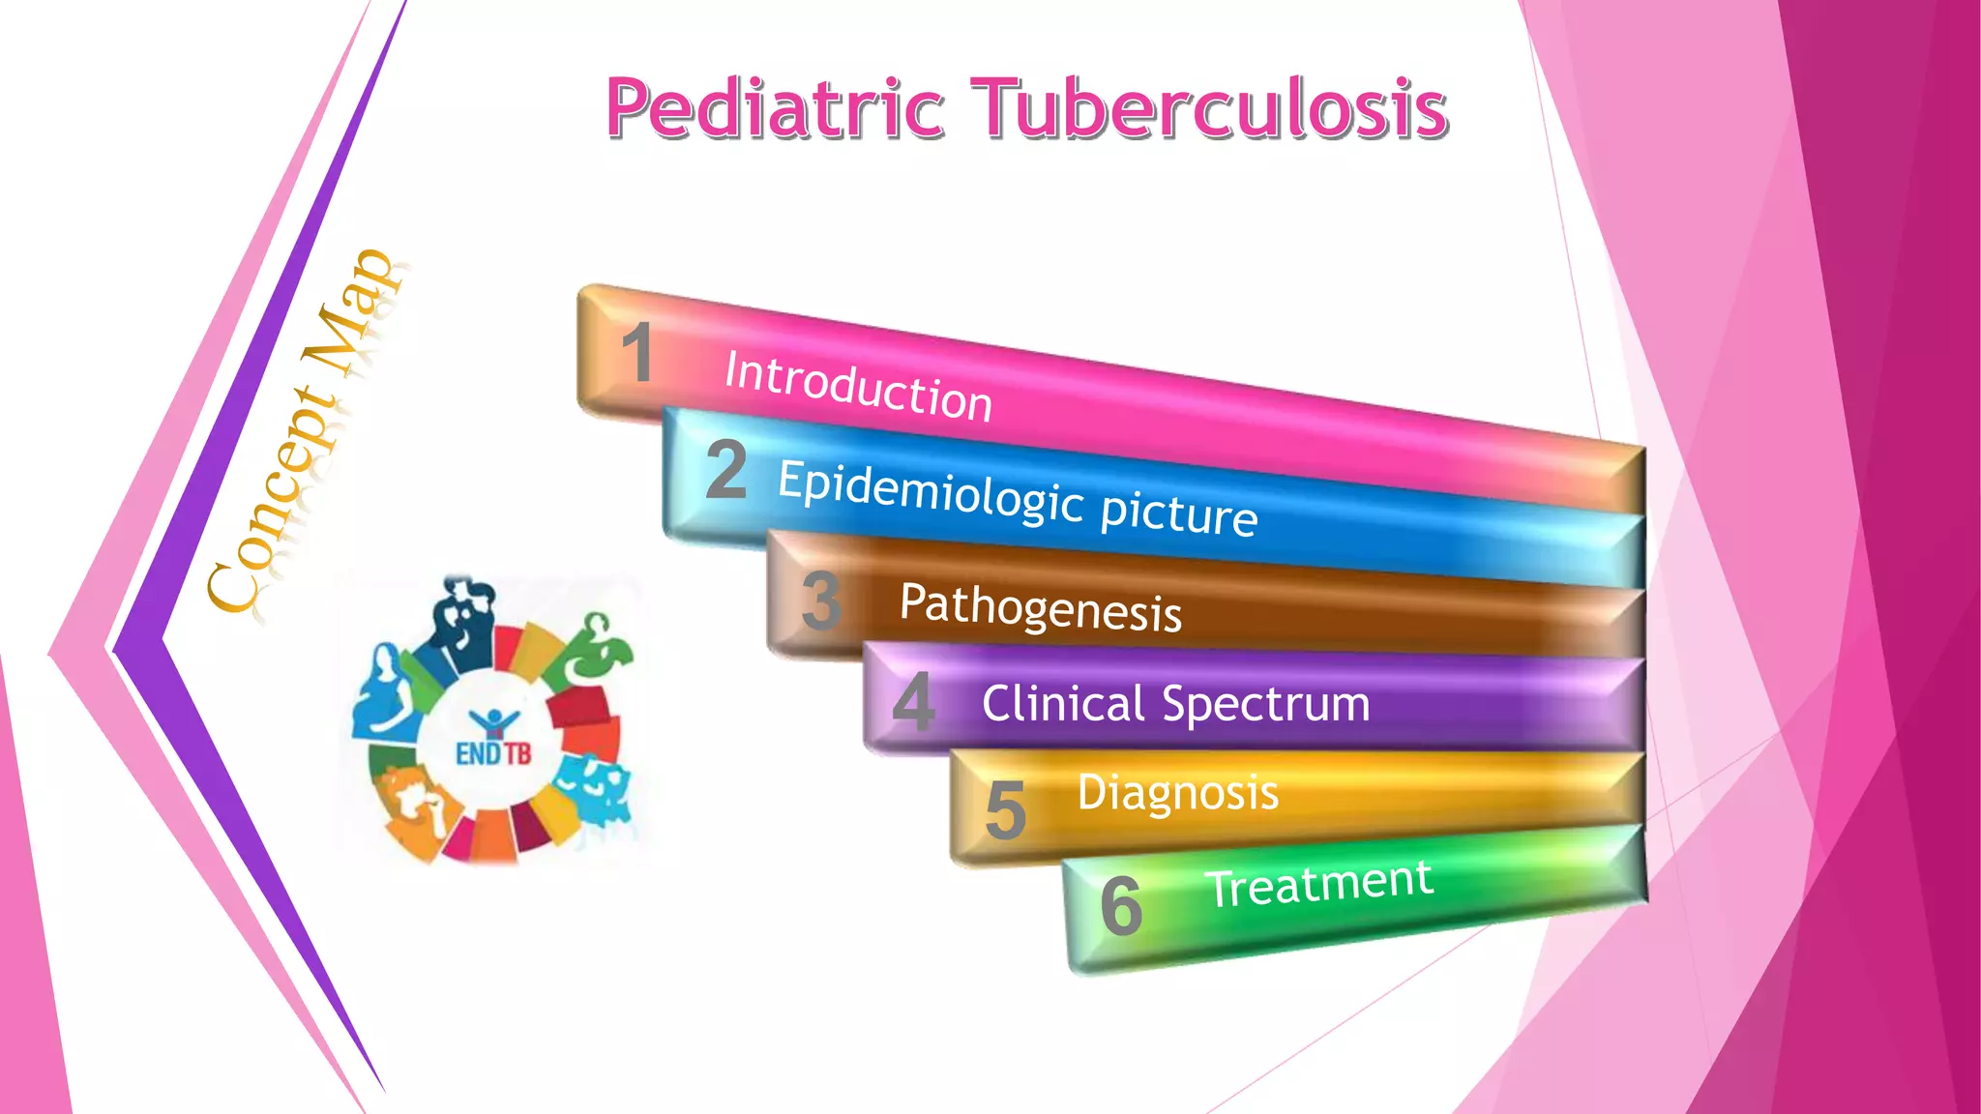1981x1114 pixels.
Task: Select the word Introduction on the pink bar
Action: [858, 386]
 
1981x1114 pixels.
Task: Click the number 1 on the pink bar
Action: [637, 352]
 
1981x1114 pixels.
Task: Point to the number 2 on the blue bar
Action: [726, 470]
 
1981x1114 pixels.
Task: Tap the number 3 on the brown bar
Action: [821, 601]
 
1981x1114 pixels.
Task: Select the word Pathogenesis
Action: [1040, 608]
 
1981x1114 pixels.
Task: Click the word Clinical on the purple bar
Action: [1063, 703]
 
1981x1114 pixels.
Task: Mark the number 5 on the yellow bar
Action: [1005, 810]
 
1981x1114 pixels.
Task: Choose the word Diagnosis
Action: [1177, 793]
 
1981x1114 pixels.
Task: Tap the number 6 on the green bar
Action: [1121, 906]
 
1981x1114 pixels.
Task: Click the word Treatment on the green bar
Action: [1319, 884]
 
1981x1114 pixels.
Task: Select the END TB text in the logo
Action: [493, 752]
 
